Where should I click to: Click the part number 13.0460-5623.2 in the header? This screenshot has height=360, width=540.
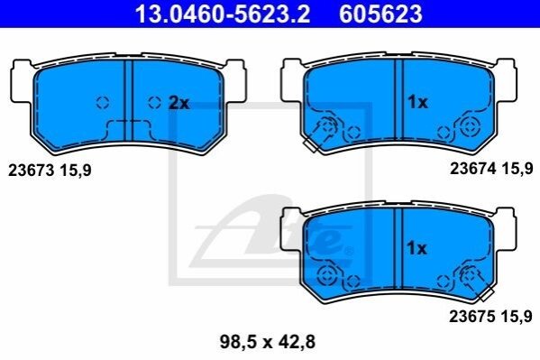tap(223, 14)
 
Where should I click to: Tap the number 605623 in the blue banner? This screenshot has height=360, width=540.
tap(380, 14)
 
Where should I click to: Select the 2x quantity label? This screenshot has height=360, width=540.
tap(179, 103)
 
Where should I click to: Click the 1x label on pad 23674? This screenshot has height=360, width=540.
tap(417, 102)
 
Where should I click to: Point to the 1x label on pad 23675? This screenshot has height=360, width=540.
tap(416, 248)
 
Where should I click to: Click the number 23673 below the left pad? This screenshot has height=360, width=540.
tap(32, 171)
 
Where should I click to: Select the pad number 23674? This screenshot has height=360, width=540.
tap(473, 169)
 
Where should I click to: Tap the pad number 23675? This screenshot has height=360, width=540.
tap(472, 316)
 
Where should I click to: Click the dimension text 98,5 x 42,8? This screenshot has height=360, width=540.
tap(268, 342)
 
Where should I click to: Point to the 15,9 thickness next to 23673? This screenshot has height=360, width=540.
tap(76, 171)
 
